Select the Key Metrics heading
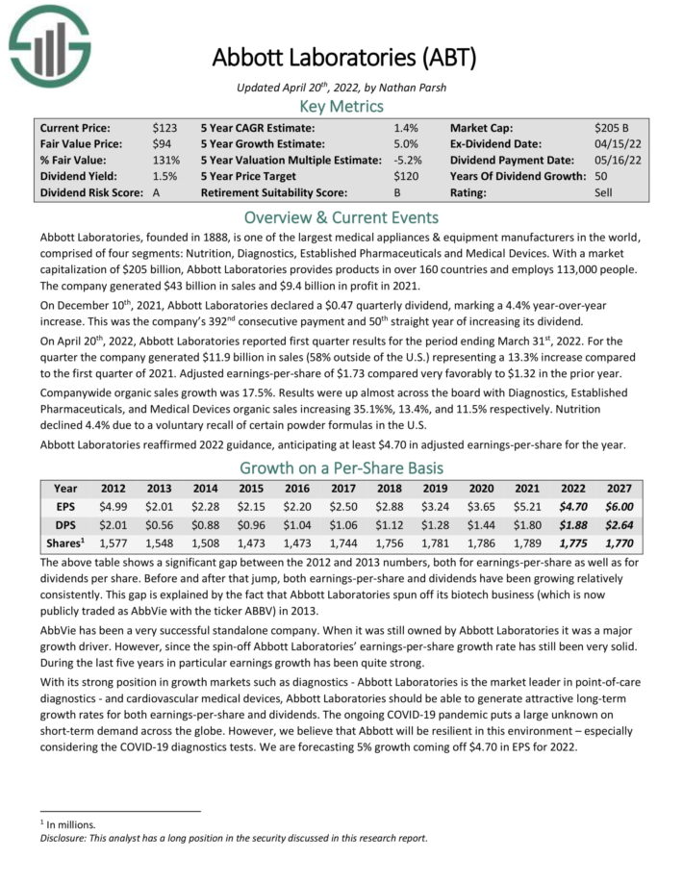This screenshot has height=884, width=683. pos(341,106)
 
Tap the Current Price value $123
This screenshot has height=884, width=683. pos(165,127)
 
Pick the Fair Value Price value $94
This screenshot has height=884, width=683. pos(163,143)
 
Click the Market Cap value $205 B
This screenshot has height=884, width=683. pos(612,127)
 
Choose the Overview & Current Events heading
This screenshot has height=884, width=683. pos(341,216)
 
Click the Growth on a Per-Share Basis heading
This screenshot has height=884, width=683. pos(341,469)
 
